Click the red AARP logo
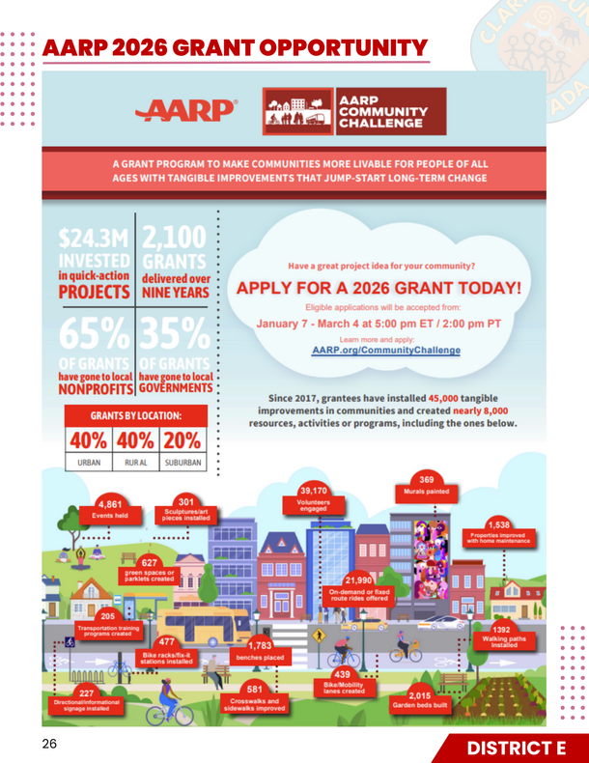pos(188,111)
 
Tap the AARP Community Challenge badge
pos(354,111)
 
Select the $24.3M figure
pos(93,238)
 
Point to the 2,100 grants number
pos(176,237)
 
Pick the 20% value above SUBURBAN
pos(182,439)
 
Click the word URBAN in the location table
pos(89,464)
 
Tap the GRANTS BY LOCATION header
pos(135,416)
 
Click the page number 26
pos(49,745)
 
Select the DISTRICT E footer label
pos(502,749)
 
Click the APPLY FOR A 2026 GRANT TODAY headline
pos(379,288)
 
